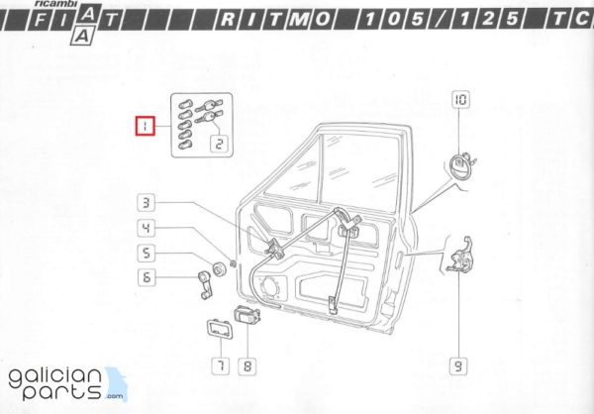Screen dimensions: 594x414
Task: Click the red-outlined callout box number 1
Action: tap(146, 126)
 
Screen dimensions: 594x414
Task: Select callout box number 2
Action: tap(220, 144)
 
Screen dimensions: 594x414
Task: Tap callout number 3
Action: tap(147, 202)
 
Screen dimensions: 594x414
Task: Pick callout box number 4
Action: tap(147, 228)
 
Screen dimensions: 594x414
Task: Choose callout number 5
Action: tap(147, 253)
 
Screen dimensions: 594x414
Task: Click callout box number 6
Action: tap(147, 277)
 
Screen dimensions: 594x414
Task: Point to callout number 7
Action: tap(221, 365)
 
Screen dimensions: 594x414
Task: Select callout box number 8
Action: tap(247, 366)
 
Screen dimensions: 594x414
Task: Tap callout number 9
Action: tap(458, 365)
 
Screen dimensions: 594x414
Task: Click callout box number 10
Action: tap(460, 100)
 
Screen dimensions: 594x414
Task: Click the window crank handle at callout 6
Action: tap(205, 284)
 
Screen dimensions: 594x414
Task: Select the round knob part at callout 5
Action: tap(219, 269)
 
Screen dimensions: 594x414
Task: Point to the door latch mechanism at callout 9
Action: tap(460, 256)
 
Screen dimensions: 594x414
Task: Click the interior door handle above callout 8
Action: tap(247, 315)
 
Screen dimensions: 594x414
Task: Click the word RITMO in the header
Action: tap(275, 19)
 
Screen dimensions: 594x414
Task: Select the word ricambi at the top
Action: tap(55, 3)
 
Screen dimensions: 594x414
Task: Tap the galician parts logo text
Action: tap(55, 384)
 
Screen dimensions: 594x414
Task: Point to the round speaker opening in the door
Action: tap(269, 287)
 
